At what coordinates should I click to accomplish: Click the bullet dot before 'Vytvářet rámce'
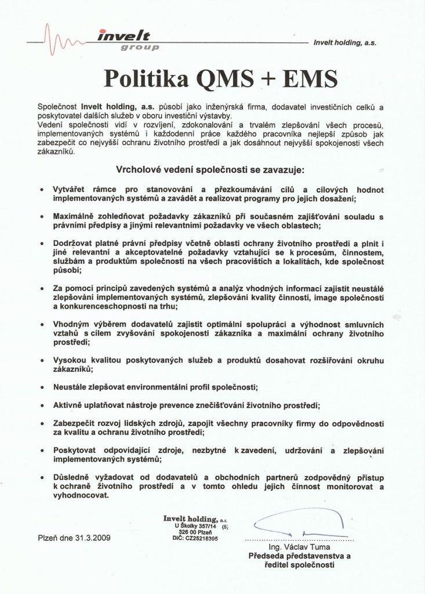click(41, 190)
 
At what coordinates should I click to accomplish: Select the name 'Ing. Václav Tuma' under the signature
click(300, 546)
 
